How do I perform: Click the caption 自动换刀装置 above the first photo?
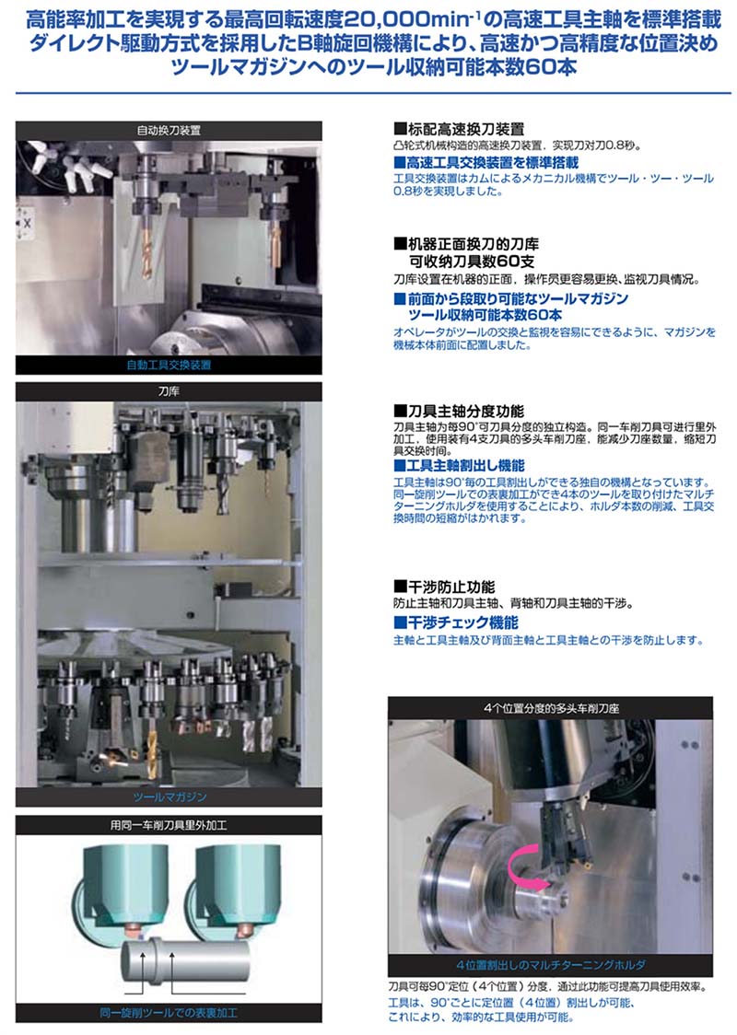(x=169, y=130)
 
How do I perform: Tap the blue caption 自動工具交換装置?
(x=169, y=365)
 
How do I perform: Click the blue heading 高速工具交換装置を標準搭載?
(x=486, y=162)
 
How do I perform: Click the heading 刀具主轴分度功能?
(x=459, y=412)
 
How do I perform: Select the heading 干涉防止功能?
(x=444, y=587)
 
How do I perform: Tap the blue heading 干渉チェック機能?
(x=456, y=622)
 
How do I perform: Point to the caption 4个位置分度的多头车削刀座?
(x=551, y=708)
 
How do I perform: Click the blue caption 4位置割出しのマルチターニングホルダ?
(x=551, y=964)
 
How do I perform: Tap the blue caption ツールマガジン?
(x=170, y=797)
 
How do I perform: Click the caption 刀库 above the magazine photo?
(x=169, y=390)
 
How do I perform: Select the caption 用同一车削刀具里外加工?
(x=169, y=825)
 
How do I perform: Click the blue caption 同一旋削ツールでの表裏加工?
(x=169, y=1013)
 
